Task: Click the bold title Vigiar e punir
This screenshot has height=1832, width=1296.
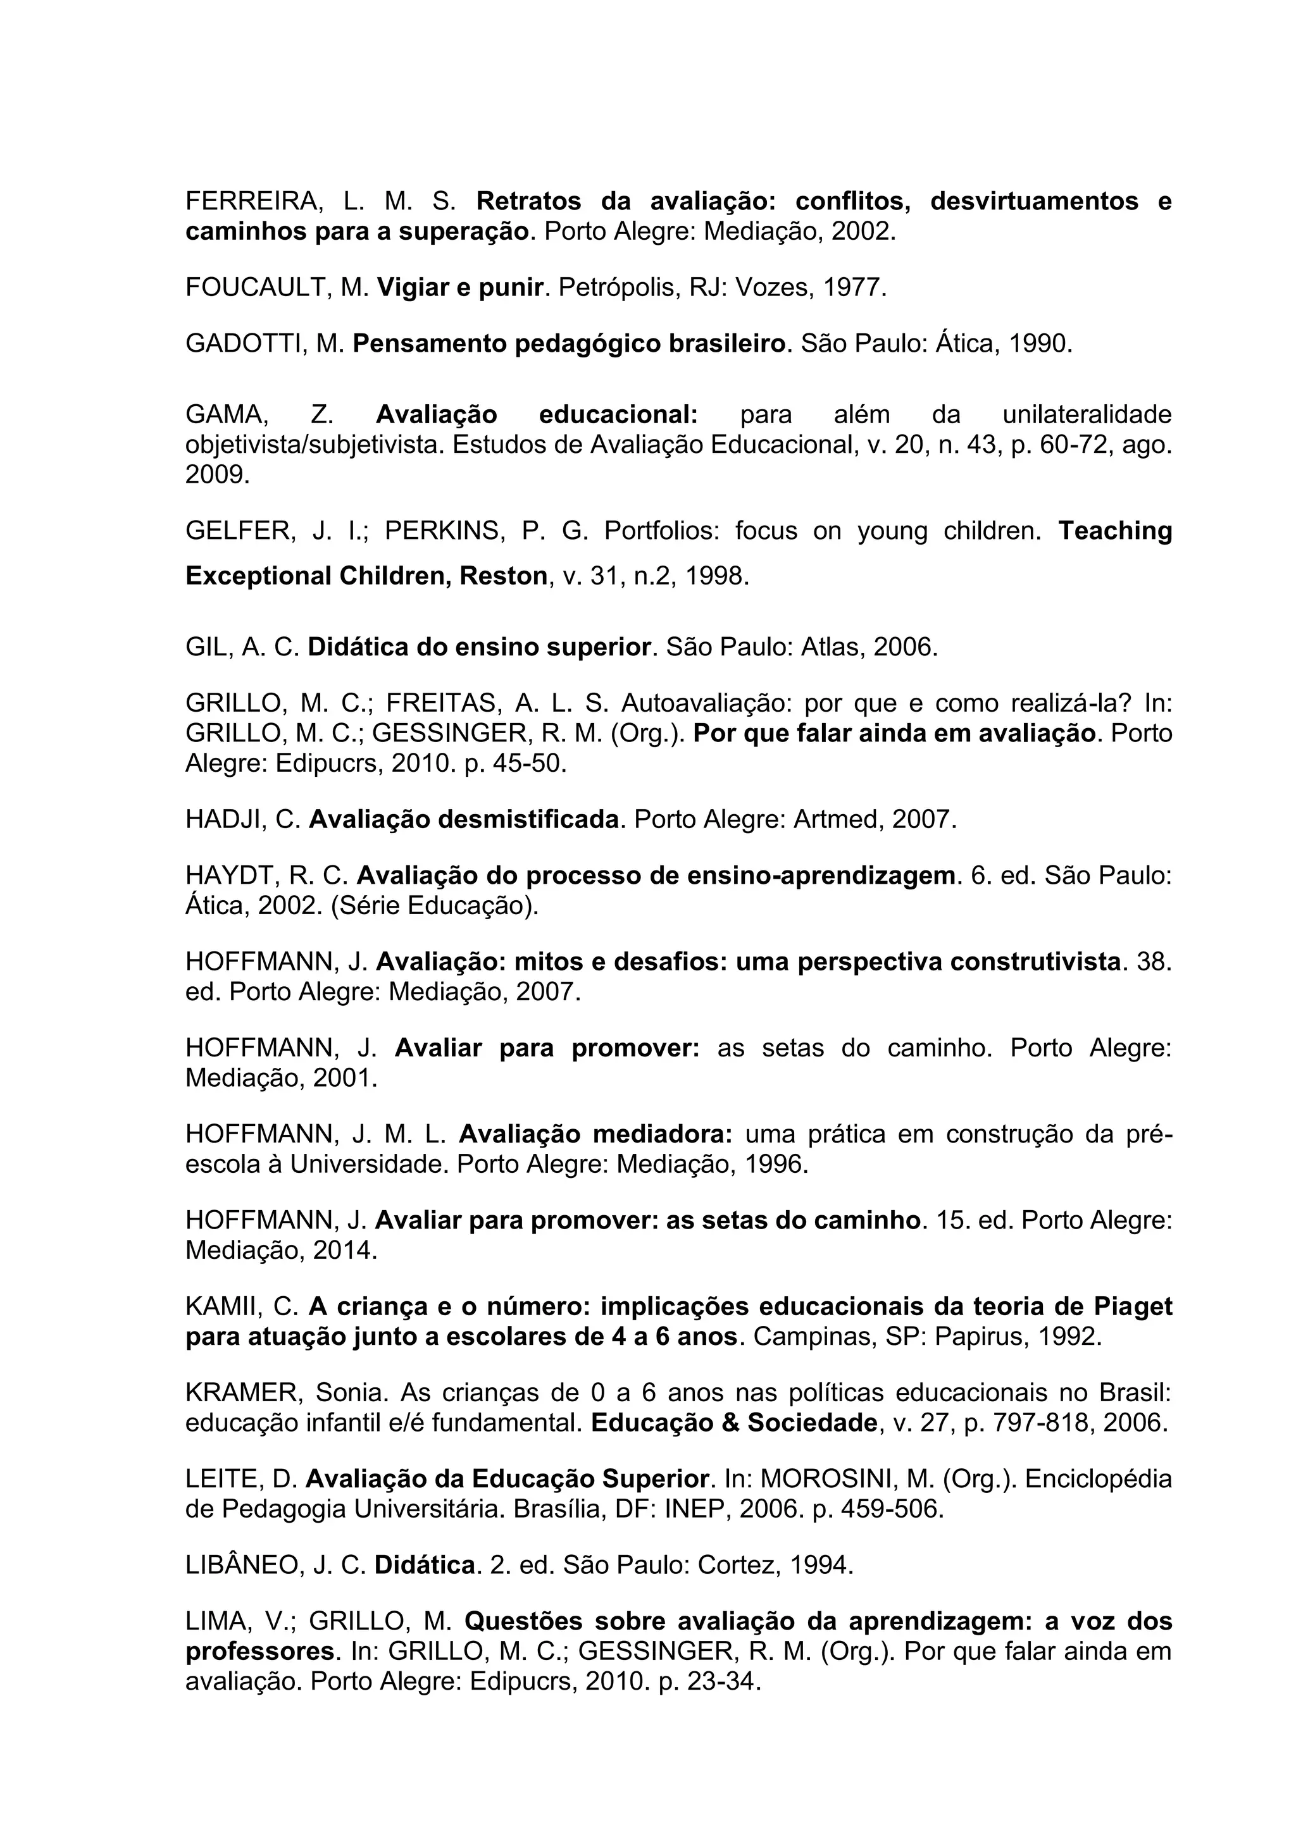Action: [459, 287]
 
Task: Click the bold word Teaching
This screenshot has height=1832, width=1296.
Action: [1115, 531]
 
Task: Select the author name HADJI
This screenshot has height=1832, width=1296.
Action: [223, 819]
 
